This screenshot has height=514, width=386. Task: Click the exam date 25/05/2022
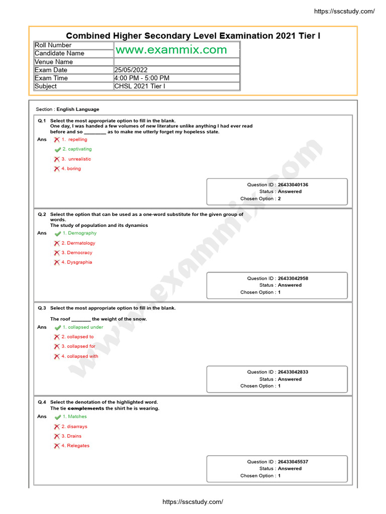click(x=131, y=70)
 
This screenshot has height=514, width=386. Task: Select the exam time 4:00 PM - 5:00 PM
click(x=142, y=78)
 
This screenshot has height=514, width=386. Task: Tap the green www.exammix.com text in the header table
click(x=171, y=50)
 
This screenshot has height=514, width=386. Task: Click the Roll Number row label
click(x=53, y=45)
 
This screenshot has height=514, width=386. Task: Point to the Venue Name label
click(x=54, y=62)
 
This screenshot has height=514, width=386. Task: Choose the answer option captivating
click(x=77, y=149)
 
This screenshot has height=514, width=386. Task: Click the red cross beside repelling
click(x=57, y=140)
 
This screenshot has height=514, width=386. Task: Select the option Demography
click(x=82, y=233)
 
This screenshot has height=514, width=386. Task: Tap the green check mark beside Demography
click(x=58, y=233)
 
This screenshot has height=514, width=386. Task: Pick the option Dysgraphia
click(x=79, y=262)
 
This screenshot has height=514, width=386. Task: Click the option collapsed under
click(x=85, y=327)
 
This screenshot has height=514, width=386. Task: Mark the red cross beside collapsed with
click(x=57, y=356)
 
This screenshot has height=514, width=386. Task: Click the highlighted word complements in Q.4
click(x=86, y=409)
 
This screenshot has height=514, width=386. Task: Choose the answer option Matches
click(x=77, y=417)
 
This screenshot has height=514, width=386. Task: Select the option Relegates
click(x=78, y=446)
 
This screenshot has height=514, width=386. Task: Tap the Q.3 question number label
click(x=42, y=308)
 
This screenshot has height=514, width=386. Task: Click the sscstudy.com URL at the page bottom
click(x=192, y=502)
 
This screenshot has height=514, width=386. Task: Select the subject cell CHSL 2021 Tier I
click(x=140, y=86)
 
